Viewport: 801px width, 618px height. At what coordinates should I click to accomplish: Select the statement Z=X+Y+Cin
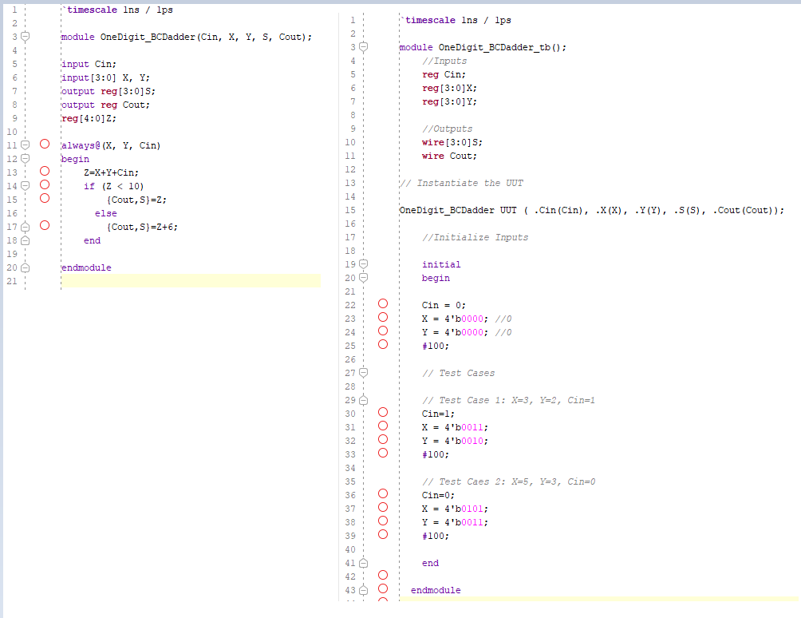tap(116, 172)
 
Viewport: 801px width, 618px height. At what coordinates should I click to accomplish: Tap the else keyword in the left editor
tap(105, 213)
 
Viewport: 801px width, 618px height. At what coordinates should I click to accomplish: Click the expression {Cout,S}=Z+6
tap(142, 227)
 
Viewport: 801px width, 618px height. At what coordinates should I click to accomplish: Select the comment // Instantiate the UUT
tap(461, 183)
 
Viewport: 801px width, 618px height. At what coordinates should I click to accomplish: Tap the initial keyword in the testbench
tap(441, 264)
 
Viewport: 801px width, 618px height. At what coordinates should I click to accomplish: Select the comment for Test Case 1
tap(508, 400)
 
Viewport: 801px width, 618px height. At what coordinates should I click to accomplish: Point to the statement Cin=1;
tap(437, 414)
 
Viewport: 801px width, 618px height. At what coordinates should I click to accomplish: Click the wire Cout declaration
tap(449, 156)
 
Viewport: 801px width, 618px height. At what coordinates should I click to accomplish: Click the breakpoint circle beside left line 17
tap(45, 226)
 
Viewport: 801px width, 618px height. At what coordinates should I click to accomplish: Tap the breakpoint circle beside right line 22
tap(383, 304)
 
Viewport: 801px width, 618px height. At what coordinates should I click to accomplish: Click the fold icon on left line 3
tap(25, 37)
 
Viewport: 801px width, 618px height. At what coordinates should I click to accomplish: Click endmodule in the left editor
tap(86, 267)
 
